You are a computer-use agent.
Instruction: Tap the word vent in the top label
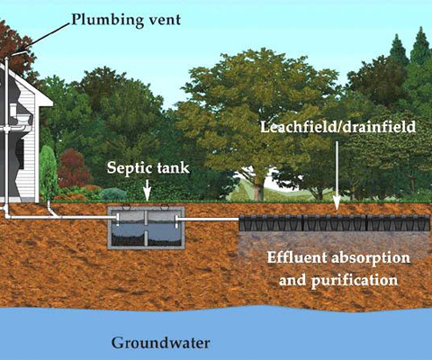(165, 20)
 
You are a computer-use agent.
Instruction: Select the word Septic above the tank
(125, 168)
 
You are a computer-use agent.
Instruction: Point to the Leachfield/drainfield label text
(337, 127)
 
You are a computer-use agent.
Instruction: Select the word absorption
(371, 258)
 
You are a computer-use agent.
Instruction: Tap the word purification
(355, 281)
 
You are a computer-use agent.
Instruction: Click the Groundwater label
(160, 343)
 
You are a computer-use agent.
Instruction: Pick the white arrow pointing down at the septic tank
(147, 190)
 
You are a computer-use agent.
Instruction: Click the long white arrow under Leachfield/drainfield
(337, 175)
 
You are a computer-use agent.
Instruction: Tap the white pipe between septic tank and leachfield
(209, 220)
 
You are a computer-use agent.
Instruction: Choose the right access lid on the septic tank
(165, 206)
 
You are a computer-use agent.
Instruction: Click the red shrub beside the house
(74, 168)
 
